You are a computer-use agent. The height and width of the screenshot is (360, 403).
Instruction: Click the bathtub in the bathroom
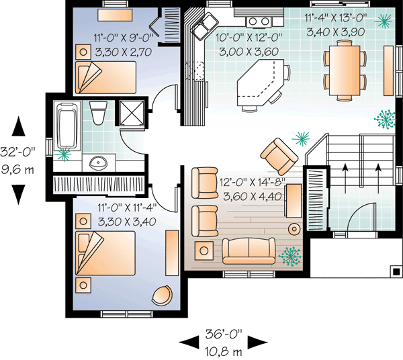66,124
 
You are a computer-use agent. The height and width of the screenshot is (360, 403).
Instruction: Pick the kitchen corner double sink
200,28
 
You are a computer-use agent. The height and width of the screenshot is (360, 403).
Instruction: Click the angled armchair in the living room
279,154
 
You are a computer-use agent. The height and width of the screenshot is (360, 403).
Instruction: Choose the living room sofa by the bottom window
249,252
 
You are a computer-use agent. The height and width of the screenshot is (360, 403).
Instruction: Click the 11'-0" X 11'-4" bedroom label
126,214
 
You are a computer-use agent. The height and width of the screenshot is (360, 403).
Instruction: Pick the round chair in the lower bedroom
163,294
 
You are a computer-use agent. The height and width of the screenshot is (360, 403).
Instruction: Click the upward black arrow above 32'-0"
19,126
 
